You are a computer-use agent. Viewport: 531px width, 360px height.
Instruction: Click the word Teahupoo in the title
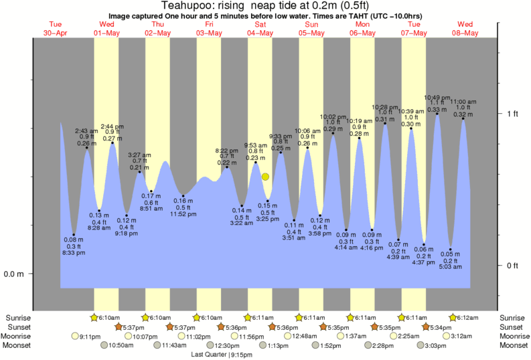click(183, 5)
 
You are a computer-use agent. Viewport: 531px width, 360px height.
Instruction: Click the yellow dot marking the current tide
click(266, 177)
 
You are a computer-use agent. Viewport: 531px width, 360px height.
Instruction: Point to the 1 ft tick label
click(512, 114)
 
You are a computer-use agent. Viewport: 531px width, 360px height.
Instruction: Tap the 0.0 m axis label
click(15, 274)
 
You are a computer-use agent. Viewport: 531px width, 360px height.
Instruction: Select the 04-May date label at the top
click(260, 33)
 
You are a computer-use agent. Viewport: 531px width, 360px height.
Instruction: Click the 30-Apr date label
click(56, 33)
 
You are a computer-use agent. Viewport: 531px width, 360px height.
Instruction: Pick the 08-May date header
click(465, 33)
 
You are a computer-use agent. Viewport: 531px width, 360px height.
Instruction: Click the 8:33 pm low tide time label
click(74, 253)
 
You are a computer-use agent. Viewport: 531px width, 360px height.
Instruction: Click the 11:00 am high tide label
click(463, 102)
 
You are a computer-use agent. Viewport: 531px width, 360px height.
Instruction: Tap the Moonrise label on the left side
click(18, 336)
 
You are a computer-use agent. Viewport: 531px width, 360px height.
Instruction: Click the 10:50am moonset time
click(121, 345)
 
